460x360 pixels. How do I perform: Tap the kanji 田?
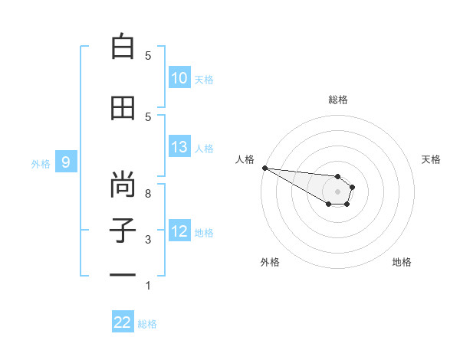click(x=123, y=108)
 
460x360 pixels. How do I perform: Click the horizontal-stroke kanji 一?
click(x=123, y=273)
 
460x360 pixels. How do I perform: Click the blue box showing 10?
click(x=179, y=78)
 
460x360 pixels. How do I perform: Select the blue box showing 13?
click(x=179, y=147)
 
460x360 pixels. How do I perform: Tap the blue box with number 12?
click(x=179, y=231)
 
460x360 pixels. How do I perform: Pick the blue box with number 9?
click(x=67, y=162)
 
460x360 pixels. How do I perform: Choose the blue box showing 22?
click(x=123, y=322)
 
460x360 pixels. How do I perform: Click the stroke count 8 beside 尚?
click(x=148, y=194)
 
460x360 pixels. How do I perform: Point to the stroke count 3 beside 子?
click(x=148, y=240)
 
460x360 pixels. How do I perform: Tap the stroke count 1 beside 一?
click(x=148, y=285)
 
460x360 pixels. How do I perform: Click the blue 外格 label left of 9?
click(x=41, y=163)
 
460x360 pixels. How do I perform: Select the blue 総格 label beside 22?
click(x=147, y=324)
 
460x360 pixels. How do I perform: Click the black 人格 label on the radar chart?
click(x=245, y=159)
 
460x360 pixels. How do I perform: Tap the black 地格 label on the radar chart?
click(x=402, y=262)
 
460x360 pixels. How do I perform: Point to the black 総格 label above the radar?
click(x=338, y=100)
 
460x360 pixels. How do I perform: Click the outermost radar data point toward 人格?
click(x=264, y=168)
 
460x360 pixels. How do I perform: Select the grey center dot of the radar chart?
click(x=337, y=191)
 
